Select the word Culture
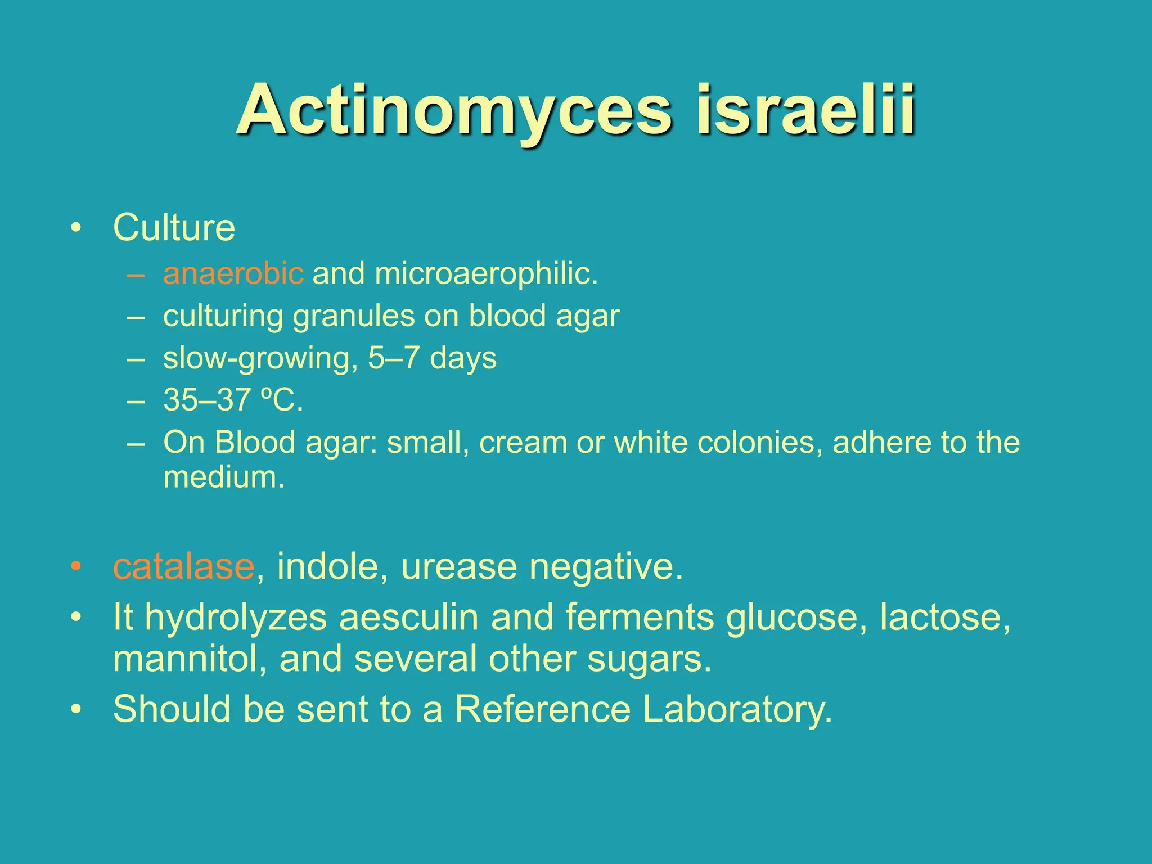pyautogui.click(x=174, y=228)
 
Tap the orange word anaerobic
pyautogui.click(x=233, y=274)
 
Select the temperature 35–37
pyautogui.click(x=206, y=400)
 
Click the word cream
pyautogui.click(x=523, y=443)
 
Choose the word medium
pyautogui.click(x=223, y=478)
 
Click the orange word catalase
pyautogui.click(x=183, y=566)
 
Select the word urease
pyautogui.click(x=459, y=566)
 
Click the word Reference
pyautogui.click(x=542, y=709)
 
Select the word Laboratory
pyautogui.click(x=737, y=710)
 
